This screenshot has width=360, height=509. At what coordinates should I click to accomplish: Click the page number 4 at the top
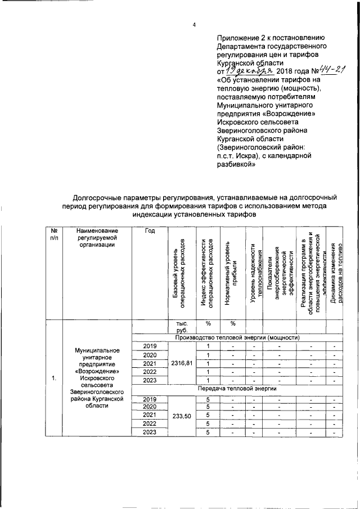coord(193,24)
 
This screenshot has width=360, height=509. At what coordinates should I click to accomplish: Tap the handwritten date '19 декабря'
coord(249,71)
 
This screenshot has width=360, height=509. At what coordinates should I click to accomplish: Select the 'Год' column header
coord(150,231)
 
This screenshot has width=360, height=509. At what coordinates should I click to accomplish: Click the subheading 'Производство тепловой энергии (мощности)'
coord(236,337)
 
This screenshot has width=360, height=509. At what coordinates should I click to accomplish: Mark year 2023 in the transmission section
coord(150,431)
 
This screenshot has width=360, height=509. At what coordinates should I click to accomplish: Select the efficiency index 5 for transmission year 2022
coord(208,423)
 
